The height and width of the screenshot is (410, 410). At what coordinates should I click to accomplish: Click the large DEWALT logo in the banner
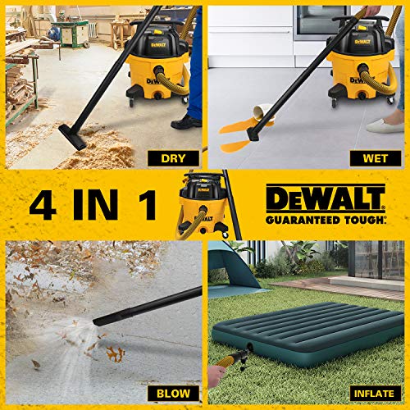point(325,198)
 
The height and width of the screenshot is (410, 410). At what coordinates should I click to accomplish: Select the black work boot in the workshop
point(187,121)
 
